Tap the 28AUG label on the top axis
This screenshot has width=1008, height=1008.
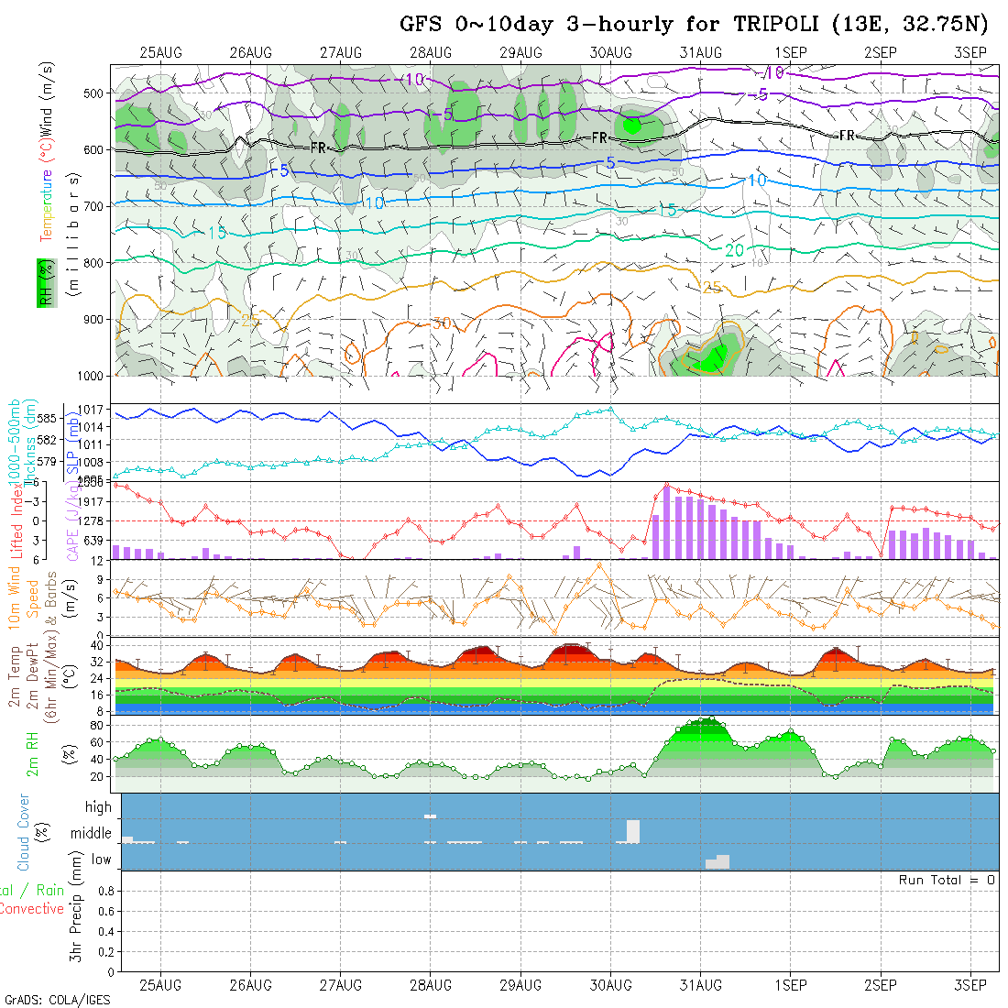(431, 52)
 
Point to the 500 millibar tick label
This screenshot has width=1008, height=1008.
(93, 93)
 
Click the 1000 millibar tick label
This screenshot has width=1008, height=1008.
(90, 376)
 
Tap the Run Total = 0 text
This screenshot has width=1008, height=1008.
(947, 880)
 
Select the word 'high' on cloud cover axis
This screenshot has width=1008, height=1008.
(98, 807)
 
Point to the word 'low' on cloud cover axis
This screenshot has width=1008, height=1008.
(101, 860)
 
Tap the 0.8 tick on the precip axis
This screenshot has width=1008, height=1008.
(104, 890)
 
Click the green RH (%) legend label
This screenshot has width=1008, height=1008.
(41, 282)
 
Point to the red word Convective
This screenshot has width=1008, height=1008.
(32, 909)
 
